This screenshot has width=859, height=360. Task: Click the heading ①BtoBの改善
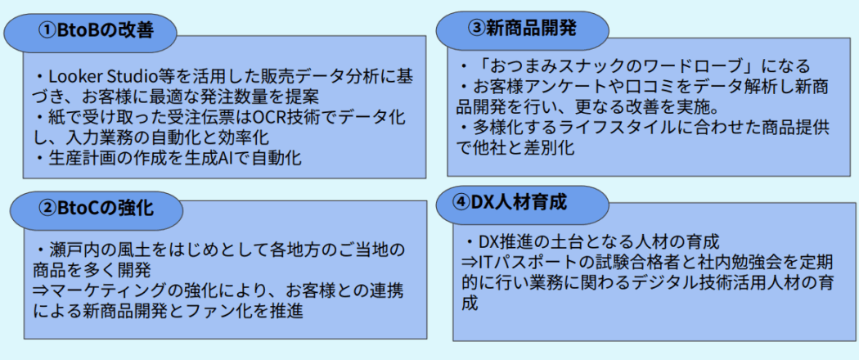pos(96,31)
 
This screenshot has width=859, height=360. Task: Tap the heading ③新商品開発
pos(522,28)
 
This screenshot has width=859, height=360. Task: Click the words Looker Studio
pos(102,75)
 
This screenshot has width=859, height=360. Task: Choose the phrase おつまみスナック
pos(551,67)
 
